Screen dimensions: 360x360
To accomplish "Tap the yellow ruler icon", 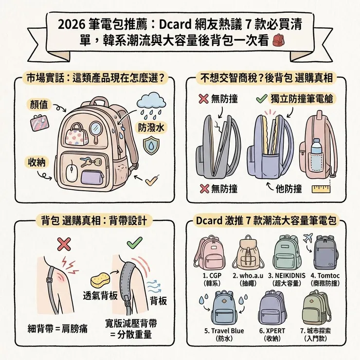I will (x=322, y=188).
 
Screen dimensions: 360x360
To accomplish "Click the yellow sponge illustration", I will (x=101, y=281).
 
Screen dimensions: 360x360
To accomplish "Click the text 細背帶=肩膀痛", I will (x=57, y=328).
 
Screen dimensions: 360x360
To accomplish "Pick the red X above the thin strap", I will (x=63, y=243).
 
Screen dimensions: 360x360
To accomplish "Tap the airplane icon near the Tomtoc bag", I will (x=307, y=237).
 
